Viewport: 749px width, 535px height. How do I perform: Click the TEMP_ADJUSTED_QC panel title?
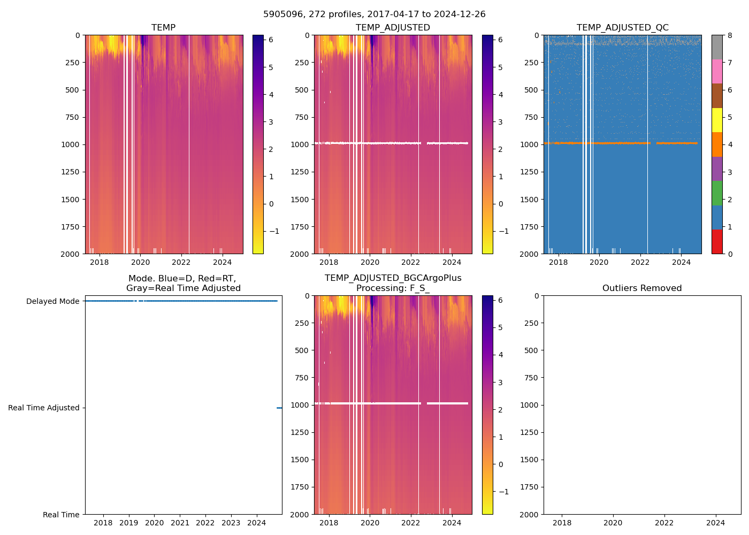(x=622, y=28)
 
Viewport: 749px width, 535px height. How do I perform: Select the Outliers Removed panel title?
(x=641, y=288)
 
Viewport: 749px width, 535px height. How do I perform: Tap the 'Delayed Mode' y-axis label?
(x=52, y=301)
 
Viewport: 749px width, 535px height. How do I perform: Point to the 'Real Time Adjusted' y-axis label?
(x=44, y=408)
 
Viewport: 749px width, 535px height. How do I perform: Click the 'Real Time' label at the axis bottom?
(x=61, y=515)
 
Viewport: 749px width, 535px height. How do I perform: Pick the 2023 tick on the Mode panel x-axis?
(x=231, y=523)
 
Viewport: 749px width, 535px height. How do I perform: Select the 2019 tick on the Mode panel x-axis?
(x=129, y=523)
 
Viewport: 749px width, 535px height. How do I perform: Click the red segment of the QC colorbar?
(x=717, y=241)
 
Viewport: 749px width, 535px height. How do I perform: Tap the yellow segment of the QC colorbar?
(x=717, y=120)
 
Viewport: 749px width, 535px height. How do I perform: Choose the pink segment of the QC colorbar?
(x=717, y=71)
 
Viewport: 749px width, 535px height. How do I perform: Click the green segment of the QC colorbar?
(x=717, y=193)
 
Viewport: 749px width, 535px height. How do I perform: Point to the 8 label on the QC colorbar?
(x=730, y=35)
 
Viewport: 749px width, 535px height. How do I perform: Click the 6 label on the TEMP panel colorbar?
(x=271, y=40)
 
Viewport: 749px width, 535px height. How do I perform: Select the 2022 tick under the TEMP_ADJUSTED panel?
(x=411, y=262)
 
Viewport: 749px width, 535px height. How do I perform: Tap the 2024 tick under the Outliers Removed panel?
(x=716, y=523)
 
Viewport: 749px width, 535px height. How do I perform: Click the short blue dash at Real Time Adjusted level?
(x=279, y=408)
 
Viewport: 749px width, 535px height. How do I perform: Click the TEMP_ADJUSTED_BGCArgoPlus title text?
(x=393, y=278)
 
